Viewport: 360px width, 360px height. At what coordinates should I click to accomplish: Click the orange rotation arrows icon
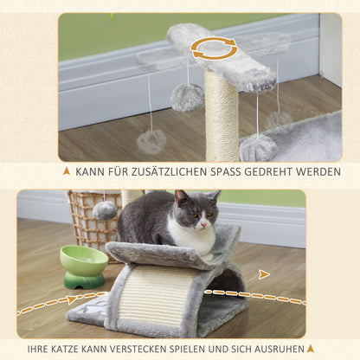point(214,48)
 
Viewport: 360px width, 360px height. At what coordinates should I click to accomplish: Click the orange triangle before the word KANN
point(66,171)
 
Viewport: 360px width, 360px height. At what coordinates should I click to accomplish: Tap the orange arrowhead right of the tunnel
point(265,273)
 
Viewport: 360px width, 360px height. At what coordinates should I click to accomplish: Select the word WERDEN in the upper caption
point(312,171)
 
